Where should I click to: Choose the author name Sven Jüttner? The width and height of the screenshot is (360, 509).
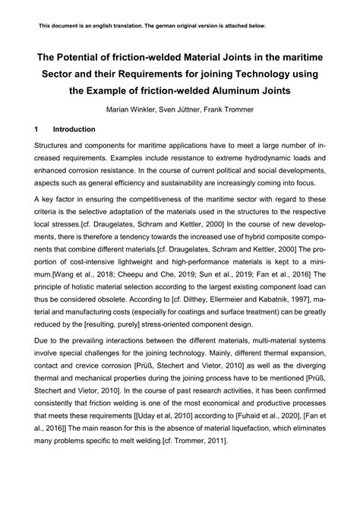(182, 109)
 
